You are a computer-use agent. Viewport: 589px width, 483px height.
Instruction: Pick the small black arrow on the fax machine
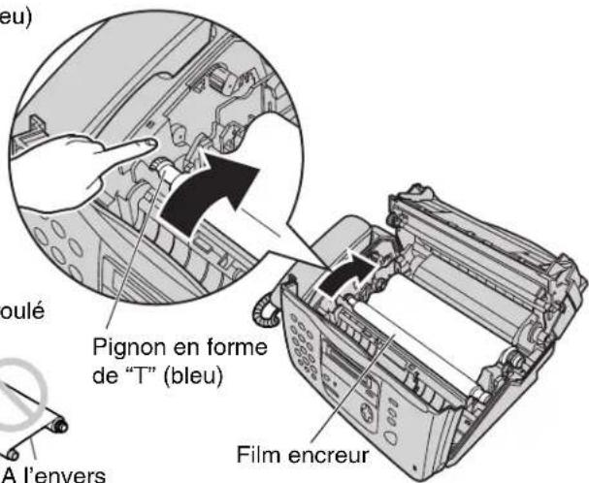point(347,271)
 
